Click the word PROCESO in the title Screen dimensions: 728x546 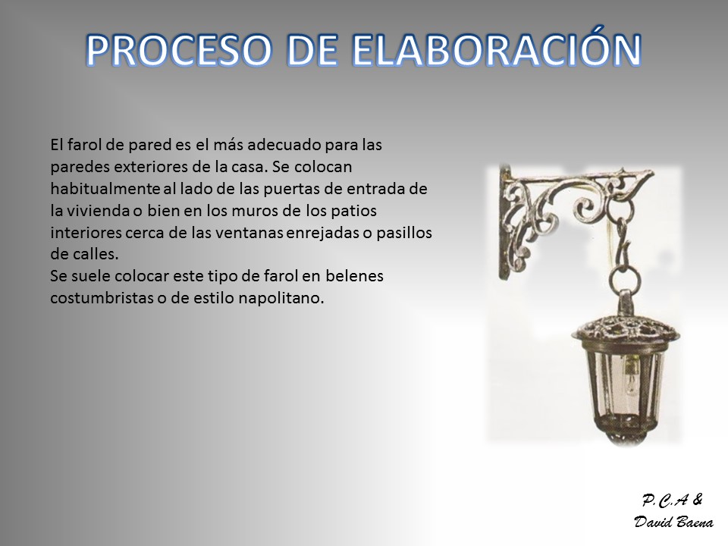[x=179, y=50]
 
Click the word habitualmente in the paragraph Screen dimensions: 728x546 [x=105, y=189]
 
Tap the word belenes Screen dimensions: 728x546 [x=354, y=276]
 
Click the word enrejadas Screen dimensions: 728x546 [x=323, y=233]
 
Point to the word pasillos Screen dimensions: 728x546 [x=404, y=233]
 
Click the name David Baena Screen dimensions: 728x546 [x=673, y=522]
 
